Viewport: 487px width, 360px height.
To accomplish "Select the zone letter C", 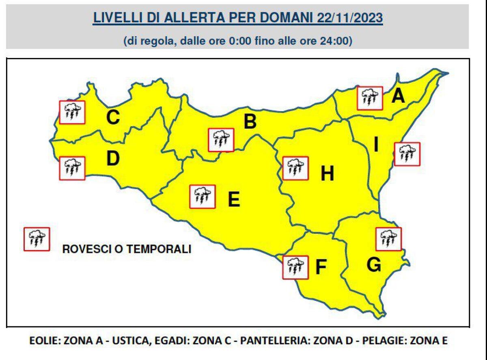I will (x=112, y=118).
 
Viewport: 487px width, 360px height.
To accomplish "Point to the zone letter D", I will (x=112, y=159).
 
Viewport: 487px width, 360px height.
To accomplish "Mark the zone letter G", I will (x=373, y=265).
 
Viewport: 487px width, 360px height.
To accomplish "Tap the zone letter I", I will (x=376, y=145).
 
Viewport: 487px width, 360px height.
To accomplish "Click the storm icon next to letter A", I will (x=370, y=98).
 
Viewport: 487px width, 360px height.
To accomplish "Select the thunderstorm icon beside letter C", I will (x=72, y=112).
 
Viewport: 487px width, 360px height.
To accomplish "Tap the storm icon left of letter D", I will (x=72, y=168).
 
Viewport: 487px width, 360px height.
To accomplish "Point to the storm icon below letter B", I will (x=220, y=140).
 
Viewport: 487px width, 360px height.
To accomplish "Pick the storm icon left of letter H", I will (x=295, y=168).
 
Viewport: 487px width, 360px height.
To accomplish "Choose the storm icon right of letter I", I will (x=407, y=154).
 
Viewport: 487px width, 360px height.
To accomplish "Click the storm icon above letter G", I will (x=388, y=239).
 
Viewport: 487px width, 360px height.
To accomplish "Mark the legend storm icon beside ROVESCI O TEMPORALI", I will (x=37, y=239).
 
